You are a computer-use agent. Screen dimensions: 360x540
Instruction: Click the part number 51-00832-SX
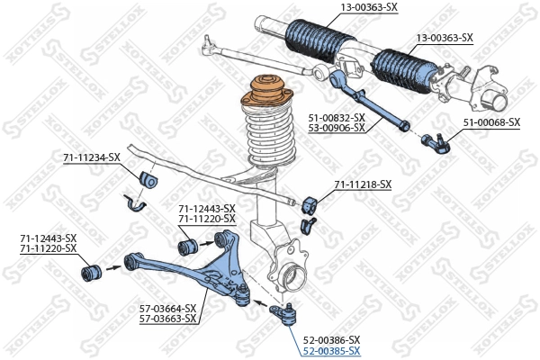(337, 118)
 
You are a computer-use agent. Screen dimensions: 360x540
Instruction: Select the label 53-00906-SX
(337, 128)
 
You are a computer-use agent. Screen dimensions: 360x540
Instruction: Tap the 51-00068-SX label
(491, 121)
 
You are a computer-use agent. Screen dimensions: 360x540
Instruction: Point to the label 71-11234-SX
(91, 157)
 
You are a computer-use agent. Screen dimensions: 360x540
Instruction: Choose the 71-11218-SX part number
(363, 184)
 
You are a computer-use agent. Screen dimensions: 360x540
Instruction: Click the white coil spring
(269, 135)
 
